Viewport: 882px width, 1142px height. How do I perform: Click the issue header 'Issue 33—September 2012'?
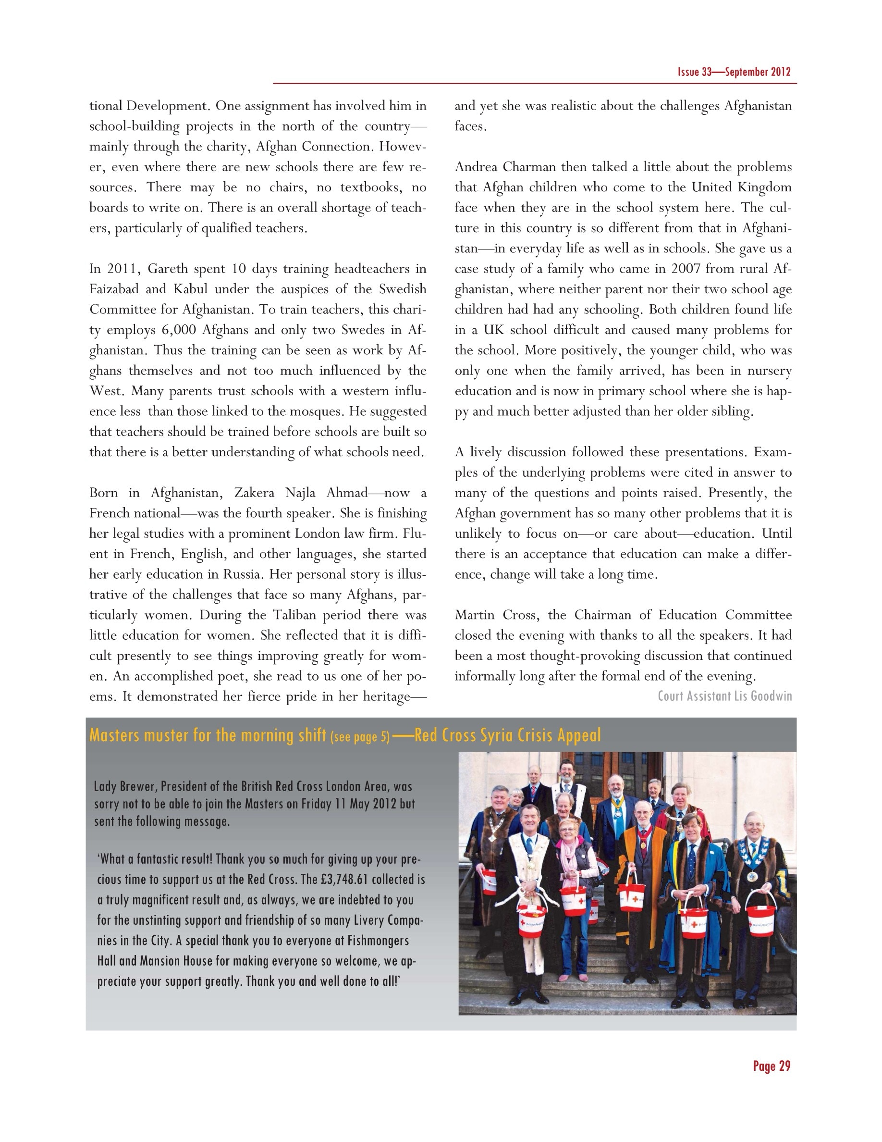coord(734,72)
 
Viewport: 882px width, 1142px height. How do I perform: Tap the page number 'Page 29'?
coord(771,1067)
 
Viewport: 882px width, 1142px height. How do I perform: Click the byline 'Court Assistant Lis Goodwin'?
coord(725,696)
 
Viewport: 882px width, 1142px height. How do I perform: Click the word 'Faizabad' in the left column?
coord(114,289)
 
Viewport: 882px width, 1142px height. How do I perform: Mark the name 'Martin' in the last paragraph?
coord(475,615)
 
